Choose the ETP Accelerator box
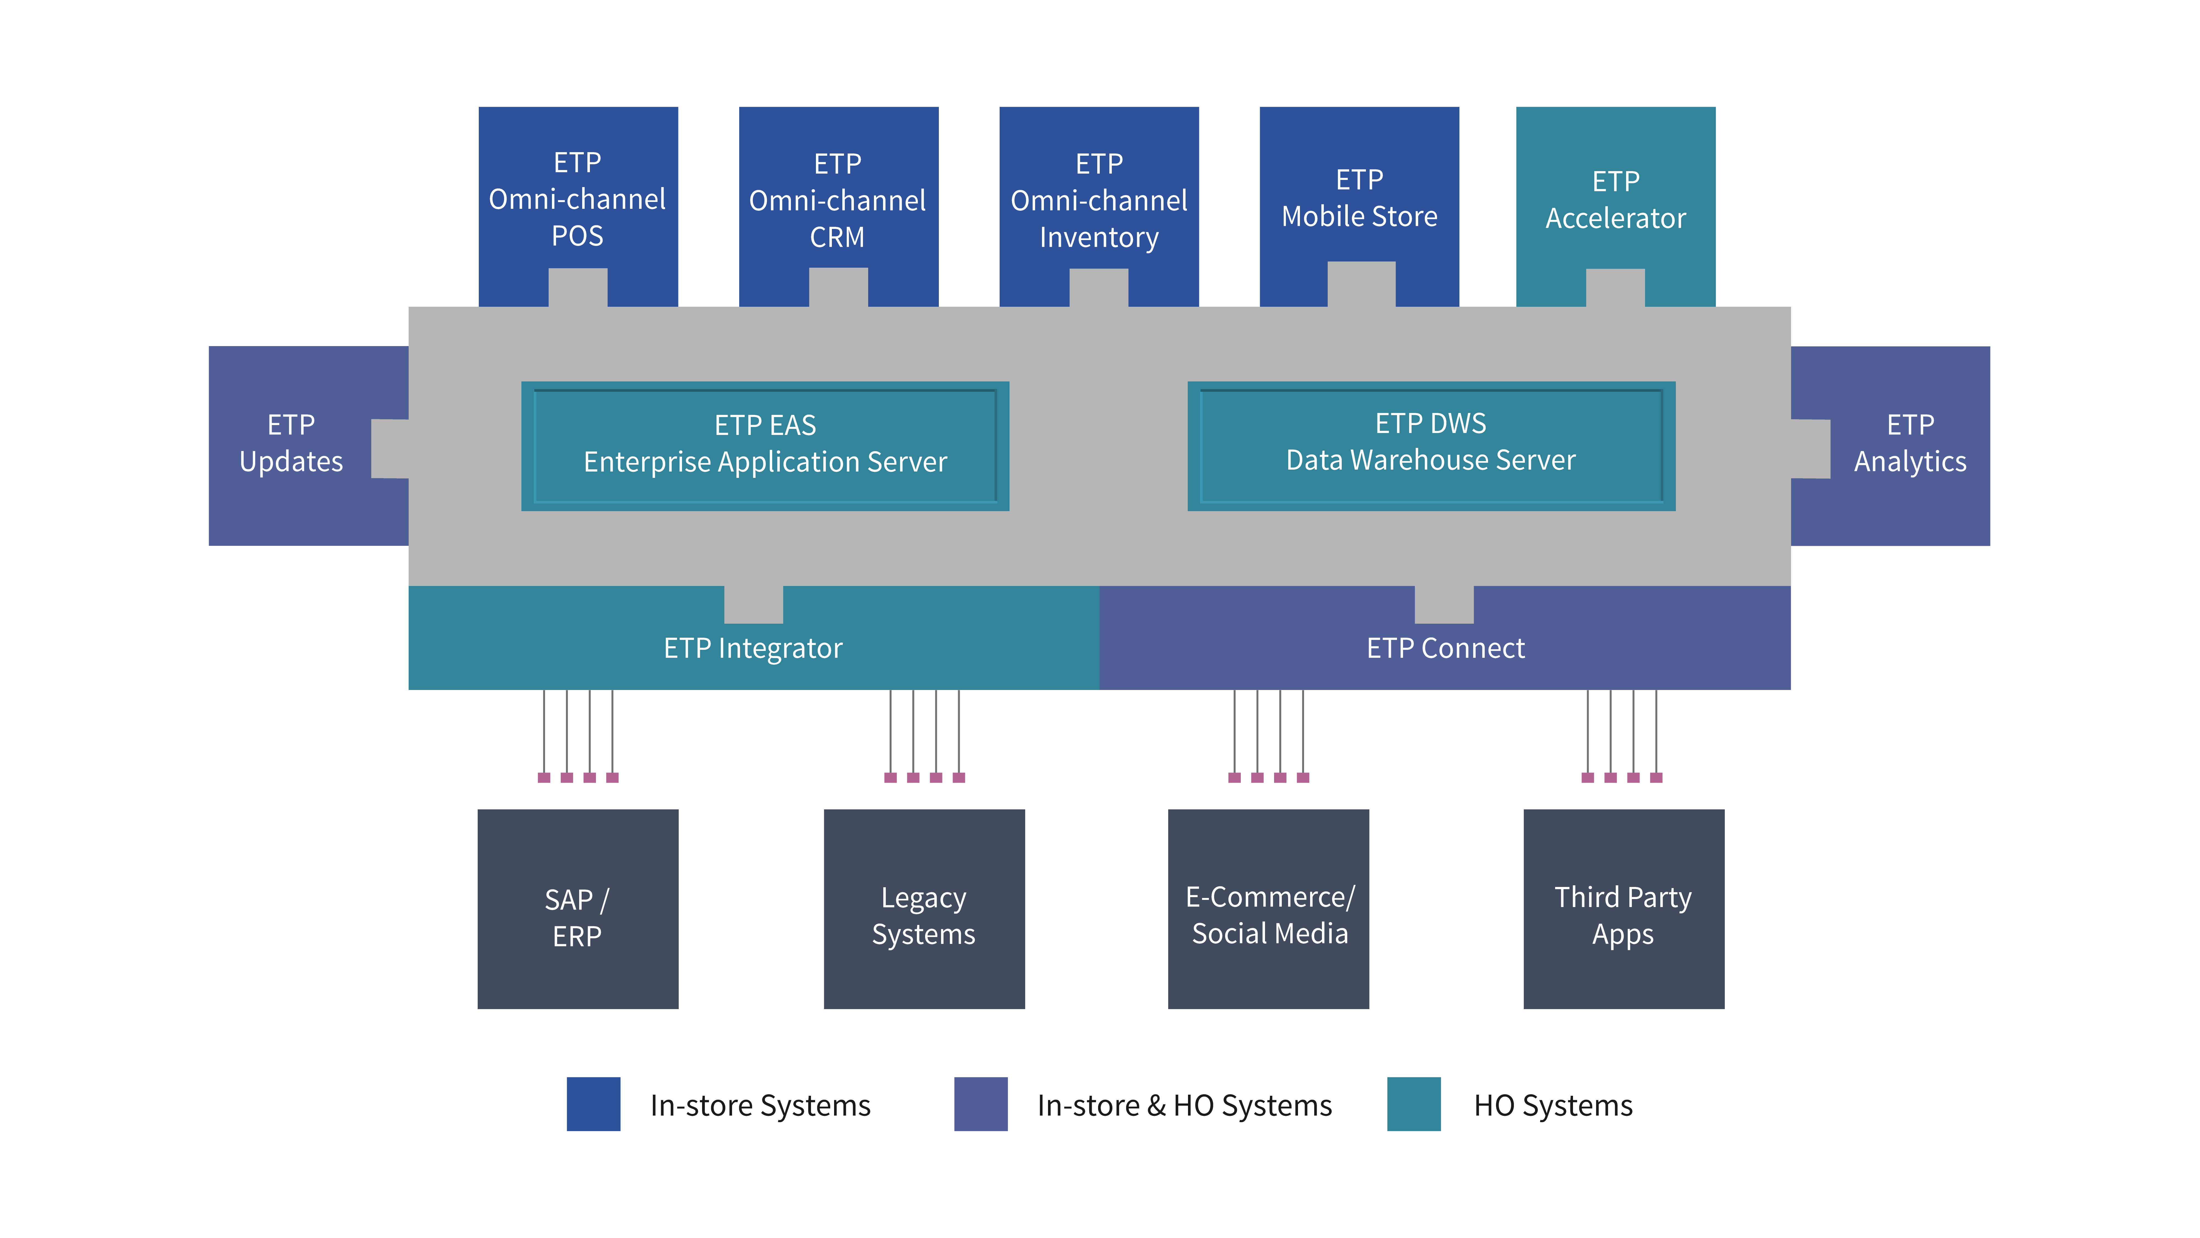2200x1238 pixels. (1615, 199)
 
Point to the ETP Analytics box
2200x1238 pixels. (1910, 443)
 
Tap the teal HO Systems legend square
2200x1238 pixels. (1414, 1104)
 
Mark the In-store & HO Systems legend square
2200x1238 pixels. (980, 1104)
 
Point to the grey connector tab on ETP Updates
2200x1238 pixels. (390, 448)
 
